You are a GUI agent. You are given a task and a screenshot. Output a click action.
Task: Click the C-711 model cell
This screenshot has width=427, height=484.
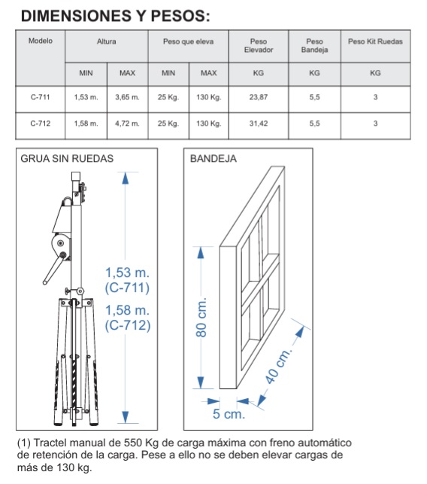pyautogui.click(x=40, y=97)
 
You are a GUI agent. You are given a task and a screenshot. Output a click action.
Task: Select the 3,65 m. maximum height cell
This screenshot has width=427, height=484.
pyautogui.click(x=127, y=97)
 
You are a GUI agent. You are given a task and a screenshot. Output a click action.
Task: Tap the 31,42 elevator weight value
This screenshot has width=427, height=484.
pyautogui.click(x=259, y=123)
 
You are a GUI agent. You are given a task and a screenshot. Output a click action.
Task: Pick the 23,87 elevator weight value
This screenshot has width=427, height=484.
pyautogui.click(x=259, y=97)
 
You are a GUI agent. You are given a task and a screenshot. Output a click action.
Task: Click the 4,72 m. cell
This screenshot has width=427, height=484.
pyautogui.click(x=127, y=123)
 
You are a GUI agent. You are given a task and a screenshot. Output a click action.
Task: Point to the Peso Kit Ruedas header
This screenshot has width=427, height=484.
pyautogui.click(x=375, y=41)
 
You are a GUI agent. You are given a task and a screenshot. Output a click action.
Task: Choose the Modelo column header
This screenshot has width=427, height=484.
pyautogui.click(x=41, y=41)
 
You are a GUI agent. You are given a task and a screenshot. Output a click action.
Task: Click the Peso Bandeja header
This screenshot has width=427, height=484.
pyautogui.click(x=314, y=45)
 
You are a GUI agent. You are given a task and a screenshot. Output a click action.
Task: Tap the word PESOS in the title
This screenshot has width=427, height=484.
pyautogui.click(x=180, y=16)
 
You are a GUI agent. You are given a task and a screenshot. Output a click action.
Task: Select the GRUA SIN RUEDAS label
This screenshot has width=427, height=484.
pyautogui.click(x=67, y=159)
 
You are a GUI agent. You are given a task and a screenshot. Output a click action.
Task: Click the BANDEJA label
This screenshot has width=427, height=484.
pyautogui.click(x=214, y=159)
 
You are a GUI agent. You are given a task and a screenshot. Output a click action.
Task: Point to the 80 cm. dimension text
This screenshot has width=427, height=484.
pyautogui.click(x=201, y=318)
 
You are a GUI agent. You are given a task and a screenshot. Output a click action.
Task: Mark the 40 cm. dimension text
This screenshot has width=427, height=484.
pyautogui.click(x=278, y=367)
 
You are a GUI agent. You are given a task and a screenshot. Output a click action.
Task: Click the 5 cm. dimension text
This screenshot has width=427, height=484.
pyautogui.click(x=229, y=414)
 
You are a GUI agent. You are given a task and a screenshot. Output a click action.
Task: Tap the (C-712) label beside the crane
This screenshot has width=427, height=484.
pyautogui.click(x=128, y=325)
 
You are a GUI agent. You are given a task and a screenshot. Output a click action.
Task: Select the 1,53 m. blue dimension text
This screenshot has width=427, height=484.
pyautogui.click(x=127, y=272)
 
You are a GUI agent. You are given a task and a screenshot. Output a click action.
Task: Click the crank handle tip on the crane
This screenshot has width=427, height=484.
pyautogui.click(x=45, y=282)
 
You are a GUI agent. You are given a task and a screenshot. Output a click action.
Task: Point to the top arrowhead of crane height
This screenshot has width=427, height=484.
pyautogui.click(x=126, y=178)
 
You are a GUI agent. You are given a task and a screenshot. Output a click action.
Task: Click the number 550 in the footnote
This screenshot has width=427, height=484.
pyautogui.click(x=133, y=443)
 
